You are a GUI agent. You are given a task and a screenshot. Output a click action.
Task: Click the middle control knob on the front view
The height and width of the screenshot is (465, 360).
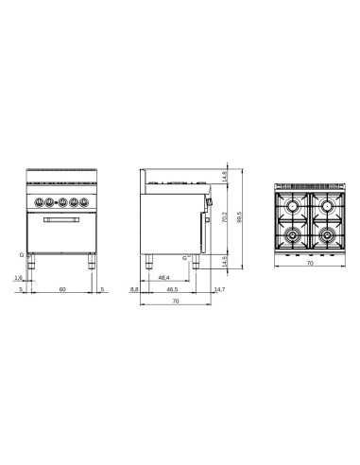(61, 201)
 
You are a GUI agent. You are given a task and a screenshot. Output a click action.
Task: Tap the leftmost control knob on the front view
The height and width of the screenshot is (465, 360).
(40, 201)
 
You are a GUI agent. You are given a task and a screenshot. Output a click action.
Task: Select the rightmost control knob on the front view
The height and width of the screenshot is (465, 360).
(83, 201)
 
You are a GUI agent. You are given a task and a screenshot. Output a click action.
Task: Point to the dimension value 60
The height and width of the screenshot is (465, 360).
(62, 290)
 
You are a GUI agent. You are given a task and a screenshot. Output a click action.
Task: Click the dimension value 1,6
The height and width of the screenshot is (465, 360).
(17, 278)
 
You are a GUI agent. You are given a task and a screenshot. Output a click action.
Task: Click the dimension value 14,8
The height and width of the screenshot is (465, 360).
(224, 176)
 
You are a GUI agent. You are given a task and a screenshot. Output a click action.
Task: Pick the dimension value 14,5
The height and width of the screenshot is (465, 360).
(224, 260)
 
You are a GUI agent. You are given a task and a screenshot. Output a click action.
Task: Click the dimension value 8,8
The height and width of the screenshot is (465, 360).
(134, 290)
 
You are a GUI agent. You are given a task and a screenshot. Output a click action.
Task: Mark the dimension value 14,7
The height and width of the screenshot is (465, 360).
(219, 290)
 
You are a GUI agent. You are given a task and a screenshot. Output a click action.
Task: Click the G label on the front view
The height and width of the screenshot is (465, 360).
(19, 255)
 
